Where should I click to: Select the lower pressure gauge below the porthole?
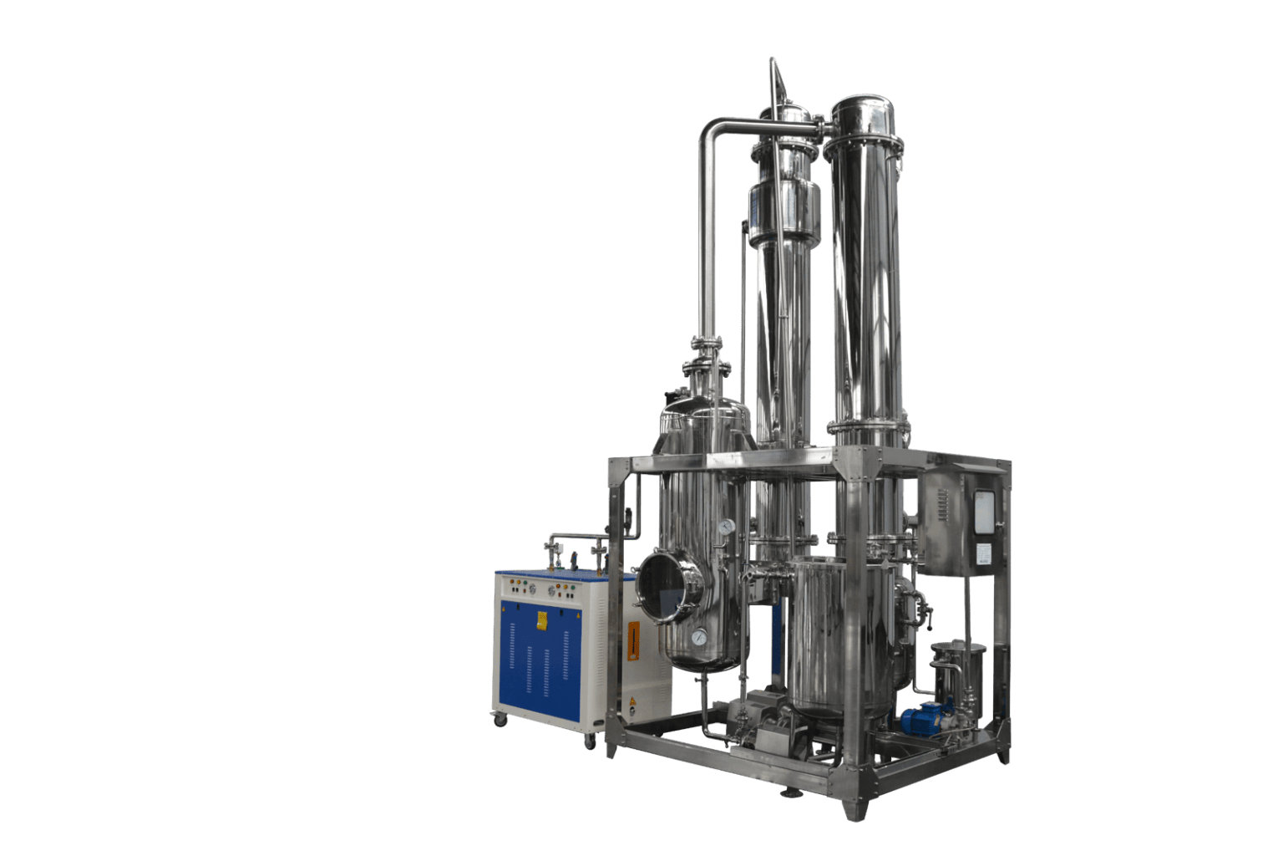697,637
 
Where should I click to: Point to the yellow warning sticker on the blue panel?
541,620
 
